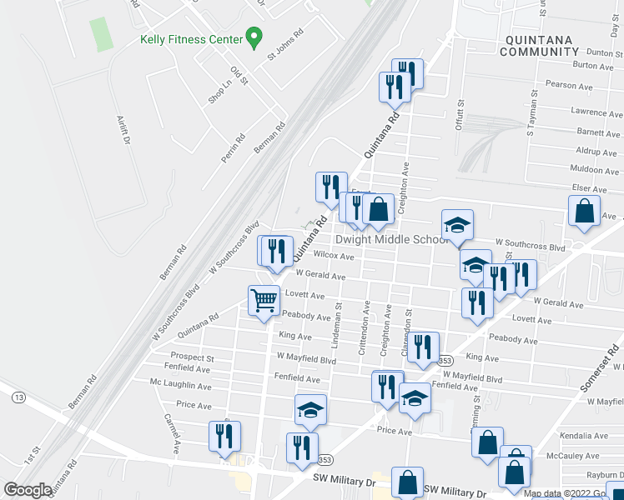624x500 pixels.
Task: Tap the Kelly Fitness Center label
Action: pos(191,38)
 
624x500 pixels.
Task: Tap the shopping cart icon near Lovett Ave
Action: pos(264,300)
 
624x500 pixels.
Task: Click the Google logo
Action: pos(28,490)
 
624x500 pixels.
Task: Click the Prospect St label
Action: pos(193,357)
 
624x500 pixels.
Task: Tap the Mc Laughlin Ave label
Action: pos(180,386)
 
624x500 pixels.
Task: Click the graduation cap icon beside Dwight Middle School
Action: pos(457,225)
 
